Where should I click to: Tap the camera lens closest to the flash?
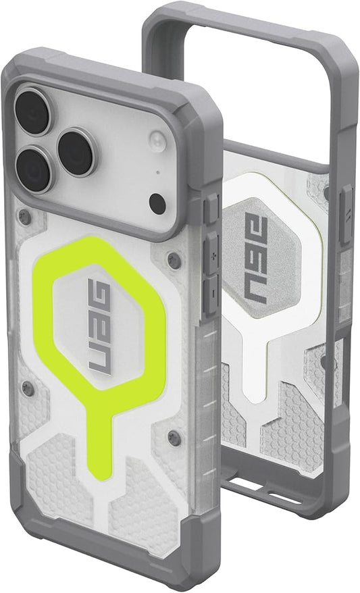pyautogui.click(x=76, y=153)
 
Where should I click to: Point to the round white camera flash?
pyautogui.click(x=158, y=142)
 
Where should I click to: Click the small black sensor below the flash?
pyautogui.click(x=157, y=203)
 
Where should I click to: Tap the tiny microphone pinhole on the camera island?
pyautogui.click(x=157, y=172)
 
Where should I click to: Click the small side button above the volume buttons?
pyautogui.click(x=211, y=208)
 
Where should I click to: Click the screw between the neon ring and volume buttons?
pyautogui.click(x=174, y=260)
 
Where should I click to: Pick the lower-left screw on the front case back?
pyautogui.click(x=28, y=390)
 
